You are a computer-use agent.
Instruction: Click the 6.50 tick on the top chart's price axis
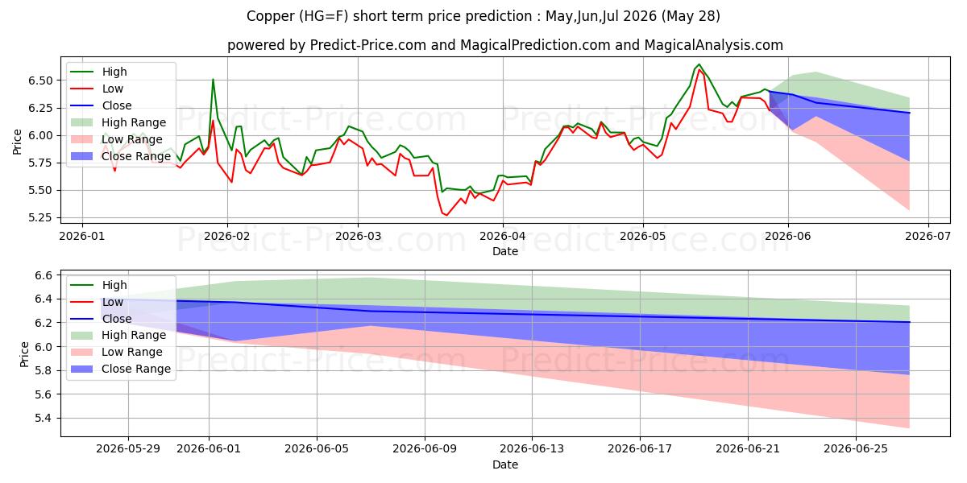40,80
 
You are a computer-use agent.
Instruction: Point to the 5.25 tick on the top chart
40,218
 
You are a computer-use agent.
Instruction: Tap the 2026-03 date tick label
358,237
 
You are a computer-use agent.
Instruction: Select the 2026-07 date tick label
928,237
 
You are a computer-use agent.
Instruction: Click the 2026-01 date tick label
82,237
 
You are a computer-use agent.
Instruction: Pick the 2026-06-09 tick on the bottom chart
425,449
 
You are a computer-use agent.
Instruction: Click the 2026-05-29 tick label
128,449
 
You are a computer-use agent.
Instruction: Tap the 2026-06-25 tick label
856,449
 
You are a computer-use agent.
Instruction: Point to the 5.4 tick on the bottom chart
44,419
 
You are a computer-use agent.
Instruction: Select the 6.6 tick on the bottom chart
44,275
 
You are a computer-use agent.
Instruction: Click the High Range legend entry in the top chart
118,122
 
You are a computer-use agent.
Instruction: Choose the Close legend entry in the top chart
101,105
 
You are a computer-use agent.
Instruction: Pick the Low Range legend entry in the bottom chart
117,352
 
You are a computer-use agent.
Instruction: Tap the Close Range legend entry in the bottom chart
121,369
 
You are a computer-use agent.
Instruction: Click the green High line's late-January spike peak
213,80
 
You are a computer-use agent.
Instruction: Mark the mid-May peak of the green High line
699,64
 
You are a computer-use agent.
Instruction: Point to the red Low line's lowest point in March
446,215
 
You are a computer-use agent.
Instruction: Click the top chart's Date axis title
505,251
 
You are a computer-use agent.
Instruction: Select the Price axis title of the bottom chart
24,354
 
